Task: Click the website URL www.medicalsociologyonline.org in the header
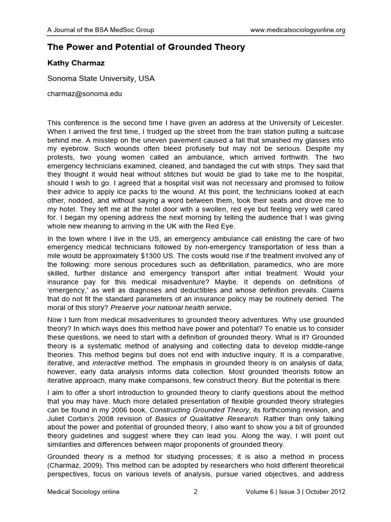click(298, 30)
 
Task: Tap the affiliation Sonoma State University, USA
click(101, 79)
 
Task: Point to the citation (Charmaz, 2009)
click(73, 466)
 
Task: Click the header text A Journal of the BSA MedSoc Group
click(101, 30)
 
